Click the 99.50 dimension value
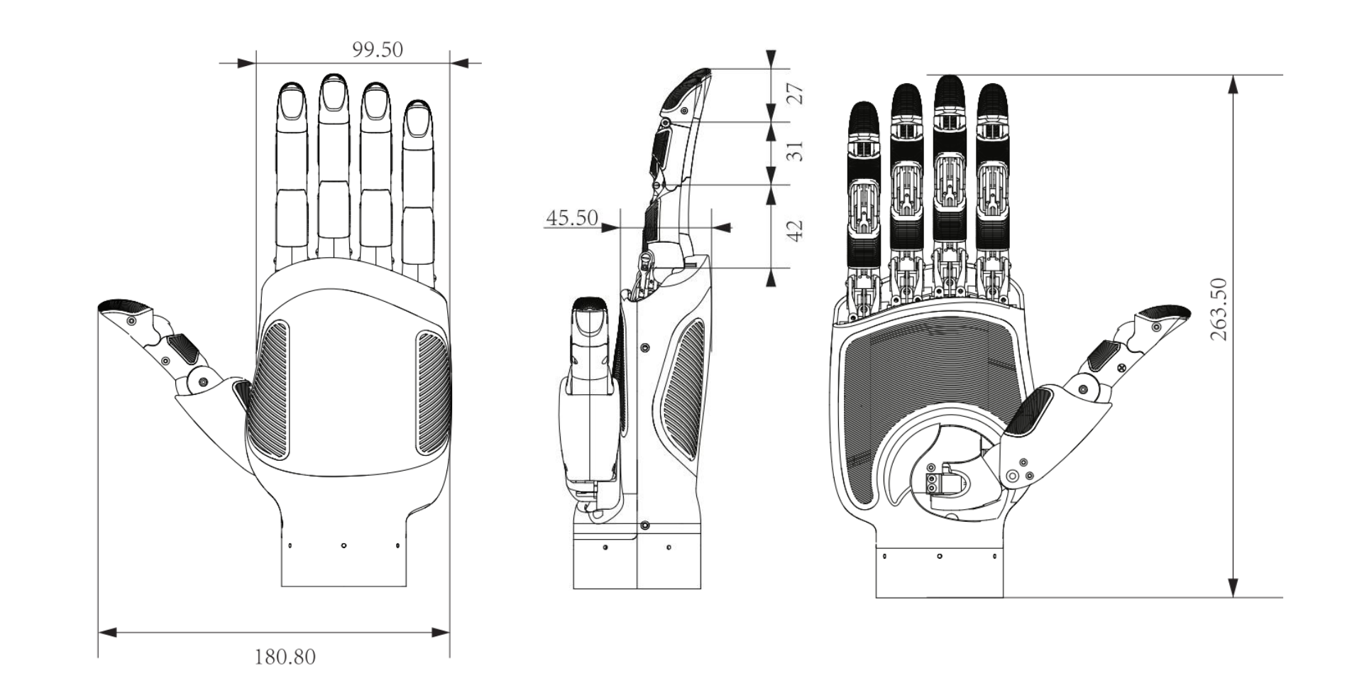click(377, 50)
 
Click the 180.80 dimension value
click(285, 657)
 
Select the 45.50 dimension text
click(572, 217)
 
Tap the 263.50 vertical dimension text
click(1219, 309)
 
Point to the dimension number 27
click(796, 94)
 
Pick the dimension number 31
click(796, 151)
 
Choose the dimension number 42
click(796, 230)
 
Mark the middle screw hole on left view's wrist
click(344, 545)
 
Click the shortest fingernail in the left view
click(418, 122)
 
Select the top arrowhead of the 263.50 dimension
click(1233, 84)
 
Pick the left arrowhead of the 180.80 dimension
click(107, 632)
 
